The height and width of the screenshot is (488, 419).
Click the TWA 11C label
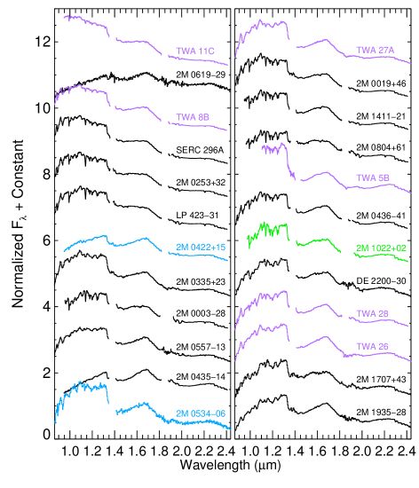click(x=195, y=51)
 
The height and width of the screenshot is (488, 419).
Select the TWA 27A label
click(x=375, y=50)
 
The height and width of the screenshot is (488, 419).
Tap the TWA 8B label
click(x=193, y=117)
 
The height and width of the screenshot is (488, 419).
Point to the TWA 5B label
click(x=373, y=177)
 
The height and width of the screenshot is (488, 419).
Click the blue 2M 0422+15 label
click(x=202, y=247)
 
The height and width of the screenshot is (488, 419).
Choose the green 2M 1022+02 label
click(x=381, y=248)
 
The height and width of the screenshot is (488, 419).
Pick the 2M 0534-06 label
click(x=201, y=413)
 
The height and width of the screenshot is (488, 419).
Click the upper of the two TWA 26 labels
click(x=372, y=313)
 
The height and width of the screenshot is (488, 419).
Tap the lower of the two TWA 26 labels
click(x=372, y=345)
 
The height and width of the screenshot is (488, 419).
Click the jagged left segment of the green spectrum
click(x=269, y=232)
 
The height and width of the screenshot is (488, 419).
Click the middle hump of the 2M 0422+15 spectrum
click(x=133, y=242)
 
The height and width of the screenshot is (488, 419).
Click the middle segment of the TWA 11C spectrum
click(x=138, y=42)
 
